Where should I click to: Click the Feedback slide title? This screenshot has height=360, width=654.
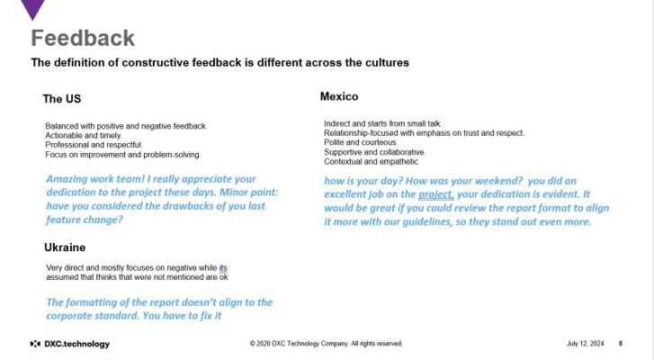[x=83, y=39]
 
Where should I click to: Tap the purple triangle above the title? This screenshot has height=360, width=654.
[x=32, y=7]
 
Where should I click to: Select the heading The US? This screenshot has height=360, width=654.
[x=62, y=99]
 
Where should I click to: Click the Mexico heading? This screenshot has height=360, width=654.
[x=339, y=96]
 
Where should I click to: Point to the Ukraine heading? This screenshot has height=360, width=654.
[x=65, y=247]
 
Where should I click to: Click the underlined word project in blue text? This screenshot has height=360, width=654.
[x=436, y=194]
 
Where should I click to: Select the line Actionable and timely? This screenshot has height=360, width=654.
[x=84, y=136]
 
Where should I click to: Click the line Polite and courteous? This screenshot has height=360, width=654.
[x=361, y=142]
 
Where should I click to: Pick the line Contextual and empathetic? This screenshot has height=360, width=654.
[x=371, y=161]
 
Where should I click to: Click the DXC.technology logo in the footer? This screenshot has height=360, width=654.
[x=69, y=344]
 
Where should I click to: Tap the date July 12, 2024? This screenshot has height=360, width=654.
[x=585, y=343]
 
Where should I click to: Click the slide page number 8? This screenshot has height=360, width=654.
[x=620, y=343]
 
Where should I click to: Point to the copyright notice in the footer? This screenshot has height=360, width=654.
[x=327, y=343]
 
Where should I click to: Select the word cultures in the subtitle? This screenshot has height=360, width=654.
[x=387, y=63]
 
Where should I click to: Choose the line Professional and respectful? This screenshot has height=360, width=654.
[x=94, y=145]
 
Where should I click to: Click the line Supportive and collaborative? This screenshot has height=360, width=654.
[x=374, y=152]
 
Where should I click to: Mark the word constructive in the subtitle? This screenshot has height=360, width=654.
[x=155, y=63]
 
